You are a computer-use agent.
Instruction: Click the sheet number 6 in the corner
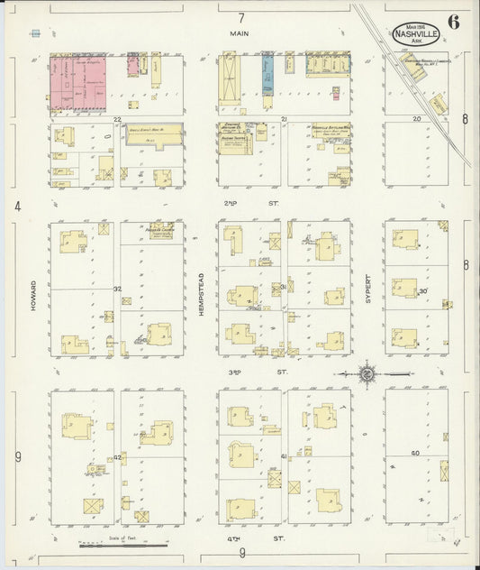pyautogui.click(x=453, y=23)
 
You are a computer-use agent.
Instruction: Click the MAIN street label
pyautogui.click(x=240, y=33)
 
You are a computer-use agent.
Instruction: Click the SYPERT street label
pyautogui.click(x=368, y=290)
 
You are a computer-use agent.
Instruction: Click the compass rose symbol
pyautogui.click(x=367, y=372)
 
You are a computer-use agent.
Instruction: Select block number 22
pyautogui.click(x=117, y=119)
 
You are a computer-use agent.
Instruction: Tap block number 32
pyautogui.click(x=117, y=289)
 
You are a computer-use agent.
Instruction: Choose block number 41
pyautogui.click(x=284, y=456)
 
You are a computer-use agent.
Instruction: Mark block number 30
pyautogui.click(x=421, y=290)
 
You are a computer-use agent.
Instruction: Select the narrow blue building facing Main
pyautogui.click(x=267, y=75)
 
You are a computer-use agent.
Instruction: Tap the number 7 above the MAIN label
pyautogui.click(x=241, y=18)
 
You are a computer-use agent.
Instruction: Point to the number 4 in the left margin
pyautogui.click(x=17, y=207)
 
